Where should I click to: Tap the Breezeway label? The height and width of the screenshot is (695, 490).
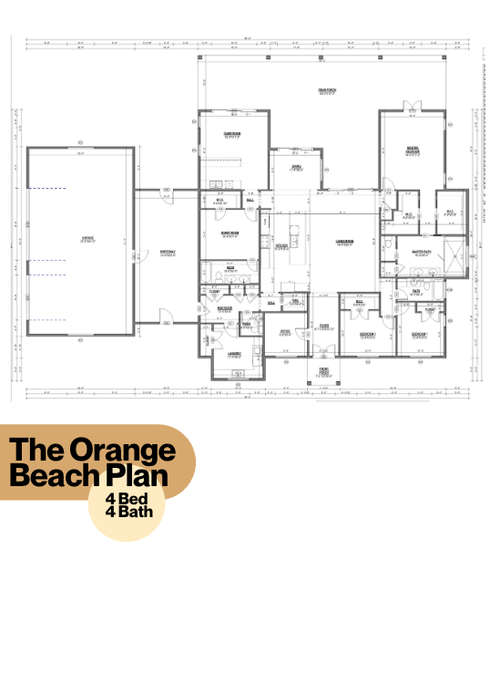pos(167,253)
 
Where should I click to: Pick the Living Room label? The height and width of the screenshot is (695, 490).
pos(344,243)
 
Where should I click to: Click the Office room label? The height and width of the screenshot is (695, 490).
pos(284,331)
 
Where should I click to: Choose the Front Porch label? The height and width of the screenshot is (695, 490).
pos(323,371)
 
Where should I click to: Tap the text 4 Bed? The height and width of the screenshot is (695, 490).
pos(129,499)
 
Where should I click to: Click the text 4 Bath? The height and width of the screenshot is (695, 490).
pos(128,511)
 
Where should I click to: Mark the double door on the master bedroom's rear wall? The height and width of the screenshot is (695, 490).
pos(413,111)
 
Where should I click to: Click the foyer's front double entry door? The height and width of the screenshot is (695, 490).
pos(323,356)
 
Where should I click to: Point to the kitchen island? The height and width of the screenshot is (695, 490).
pos(295,246)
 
